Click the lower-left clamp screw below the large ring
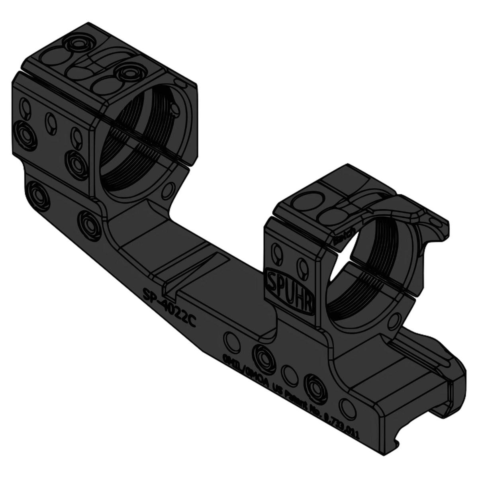click(x=39, y=195)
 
